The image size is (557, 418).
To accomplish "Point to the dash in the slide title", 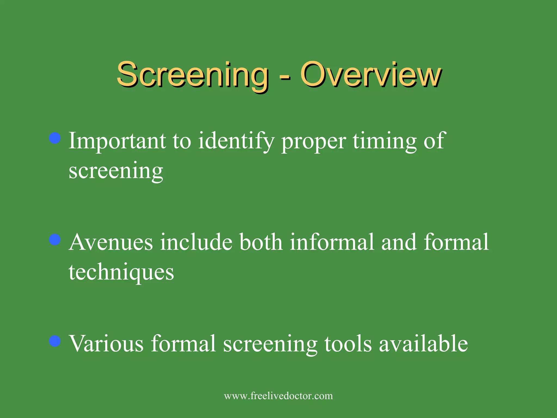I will coord(284,78).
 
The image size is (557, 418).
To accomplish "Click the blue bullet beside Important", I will coord(55,138).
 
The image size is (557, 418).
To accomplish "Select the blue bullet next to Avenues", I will coord(55,240).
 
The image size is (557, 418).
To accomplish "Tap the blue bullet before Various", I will coord(55,341).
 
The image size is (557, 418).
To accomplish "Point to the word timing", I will coord(385,141).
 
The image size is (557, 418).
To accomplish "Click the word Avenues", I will coord(111,242).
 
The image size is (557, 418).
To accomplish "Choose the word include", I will coord(196,242).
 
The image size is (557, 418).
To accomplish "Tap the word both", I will coord(261,242).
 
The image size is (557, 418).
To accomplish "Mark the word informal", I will coord(332,242).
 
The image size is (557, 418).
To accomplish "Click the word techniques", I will coord(121,272).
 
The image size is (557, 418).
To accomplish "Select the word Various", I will coord(106,343).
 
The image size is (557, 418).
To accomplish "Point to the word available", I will coord(423,343).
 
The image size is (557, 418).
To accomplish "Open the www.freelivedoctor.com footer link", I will coord(278,396).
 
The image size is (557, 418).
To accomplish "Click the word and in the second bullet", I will coord(399,242).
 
